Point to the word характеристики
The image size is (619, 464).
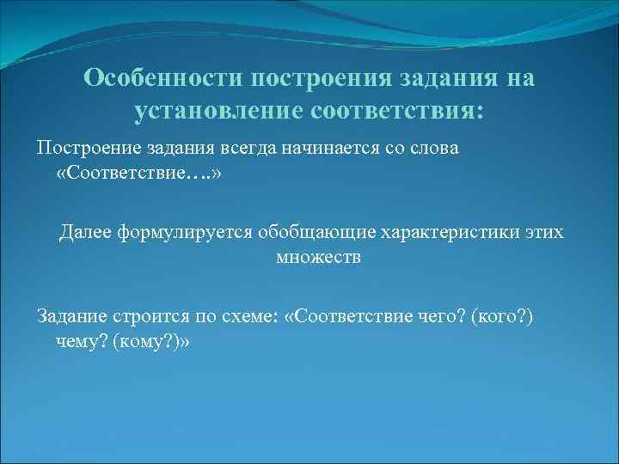tap(434, 232)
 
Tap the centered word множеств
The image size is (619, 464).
tap(319, 258)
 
